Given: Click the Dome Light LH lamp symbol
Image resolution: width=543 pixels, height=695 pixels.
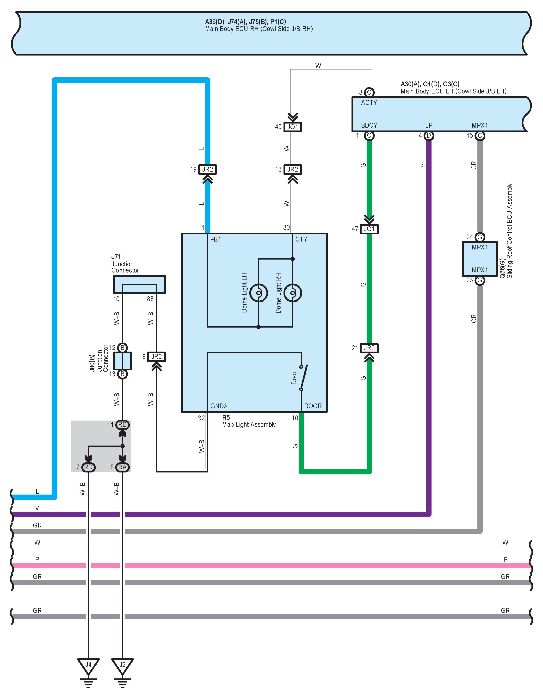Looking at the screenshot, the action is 259,293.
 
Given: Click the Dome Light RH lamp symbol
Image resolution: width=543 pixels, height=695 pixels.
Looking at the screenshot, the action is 293,293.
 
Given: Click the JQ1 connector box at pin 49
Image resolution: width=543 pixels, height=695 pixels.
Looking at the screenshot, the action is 293,127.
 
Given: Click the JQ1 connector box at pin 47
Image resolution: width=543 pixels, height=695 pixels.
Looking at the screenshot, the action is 369,229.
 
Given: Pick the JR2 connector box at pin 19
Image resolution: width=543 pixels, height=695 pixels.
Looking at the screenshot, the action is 207,169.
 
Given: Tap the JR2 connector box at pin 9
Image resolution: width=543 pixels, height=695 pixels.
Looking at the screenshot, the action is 156,357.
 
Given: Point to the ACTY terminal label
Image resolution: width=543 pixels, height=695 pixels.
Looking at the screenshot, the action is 369,102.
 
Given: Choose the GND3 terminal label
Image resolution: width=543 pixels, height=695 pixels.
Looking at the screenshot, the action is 219,406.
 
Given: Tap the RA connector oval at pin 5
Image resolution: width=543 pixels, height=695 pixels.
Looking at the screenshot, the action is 123,467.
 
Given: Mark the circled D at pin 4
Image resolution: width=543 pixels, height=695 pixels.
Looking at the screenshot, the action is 429,136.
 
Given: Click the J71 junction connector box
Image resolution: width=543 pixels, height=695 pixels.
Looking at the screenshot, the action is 140,284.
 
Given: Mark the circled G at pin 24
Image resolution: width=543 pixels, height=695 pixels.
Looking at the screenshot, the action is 480,237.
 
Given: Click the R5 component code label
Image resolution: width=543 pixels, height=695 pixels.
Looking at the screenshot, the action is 226,417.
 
